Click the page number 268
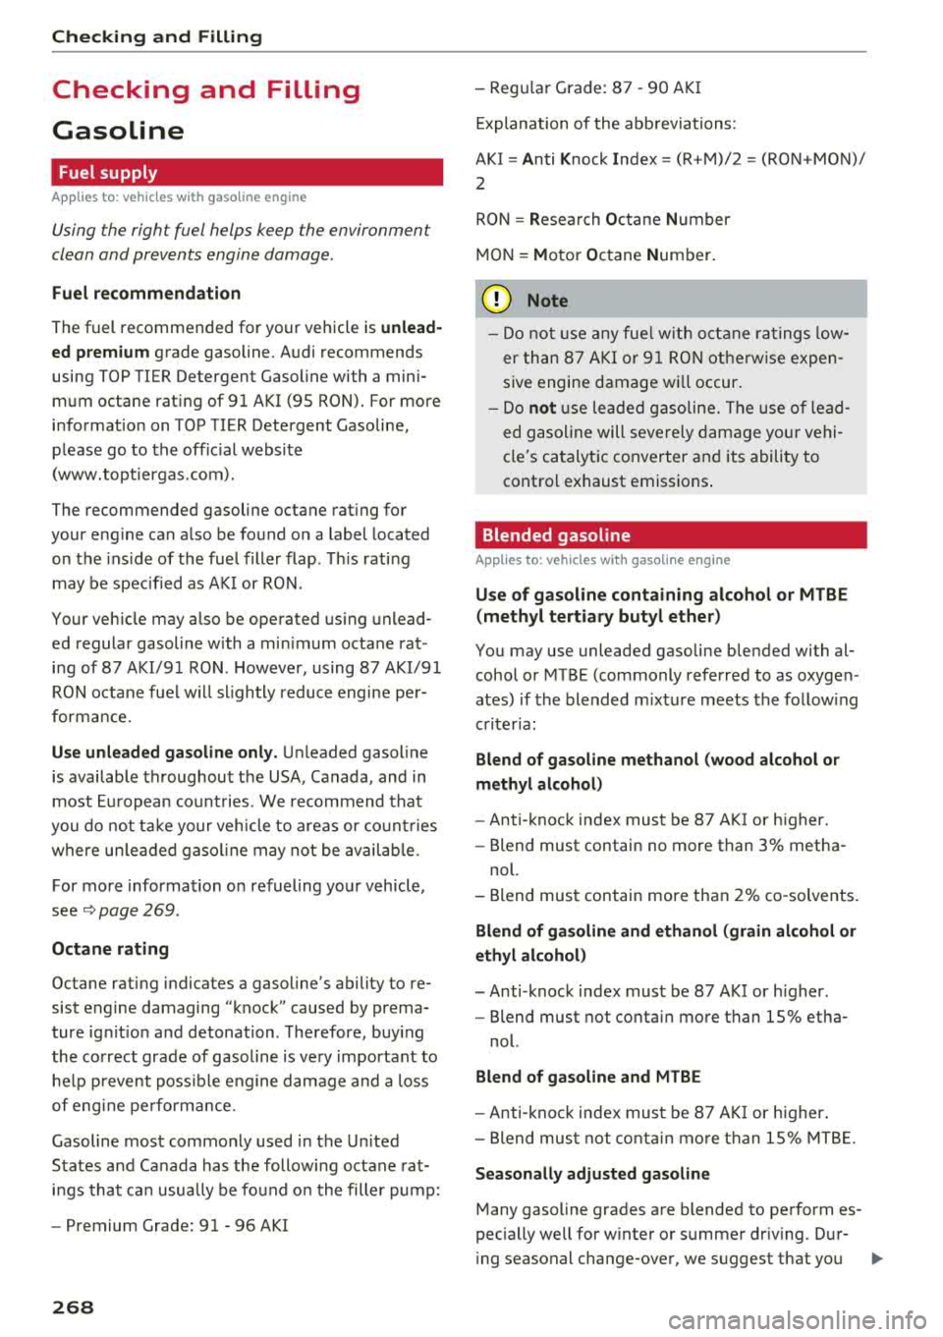click(73, 1307)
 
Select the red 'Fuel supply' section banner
click(247, 172)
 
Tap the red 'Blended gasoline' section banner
click(670, 535)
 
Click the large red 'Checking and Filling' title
click(206, 90)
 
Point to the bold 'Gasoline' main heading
click(118, 131)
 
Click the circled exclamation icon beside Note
click(497, 301)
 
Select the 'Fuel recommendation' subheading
click(146, 293)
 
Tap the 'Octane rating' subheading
click(110, 949)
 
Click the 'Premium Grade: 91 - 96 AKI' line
click(170, 1225)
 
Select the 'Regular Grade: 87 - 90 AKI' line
click(587, 87)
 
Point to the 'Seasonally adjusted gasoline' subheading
click(592, 1174)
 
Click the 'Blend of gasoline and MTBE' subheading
click(588, 1077)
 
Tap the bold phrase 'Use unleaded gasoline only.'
click(164, 752)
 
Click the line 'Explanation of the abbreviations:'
click(606, 124)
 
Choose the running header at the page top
click(157, 37)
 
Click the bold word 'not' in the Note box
click(542, 408)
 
